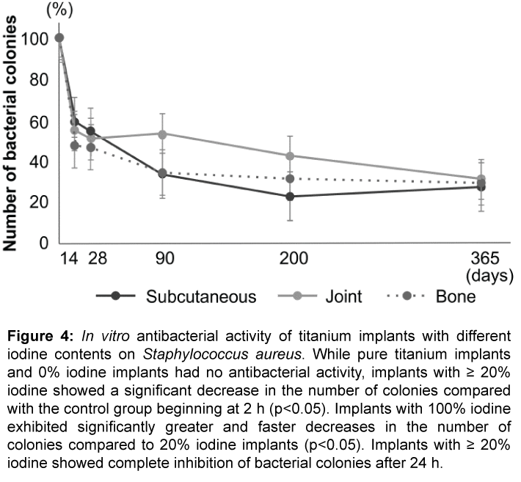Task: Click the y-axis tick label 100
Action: (36, 39)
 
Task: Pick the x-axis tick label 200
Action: (294, 258)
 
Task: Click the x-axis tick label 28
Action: (93, 258)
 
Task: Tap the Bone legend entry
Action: (456, 296)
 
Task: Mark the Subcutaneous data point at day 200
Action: (291, 197)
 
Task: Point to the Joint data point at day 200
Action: (291, 156)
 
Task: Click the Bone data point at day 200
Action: (291, 178)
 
